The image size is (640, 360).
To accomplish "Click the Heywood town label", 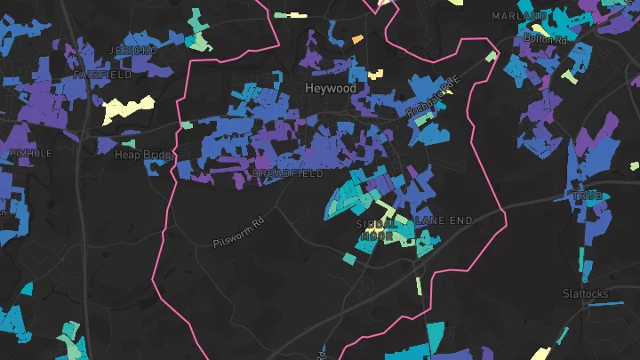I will pos(330,89).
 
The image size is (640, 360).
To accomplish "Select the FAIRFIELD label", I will pos(102,76).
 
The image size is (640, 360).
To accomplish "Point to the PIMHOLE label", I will pos(30,154).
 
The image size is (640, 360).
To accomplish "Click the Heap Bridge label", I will pos(142,155).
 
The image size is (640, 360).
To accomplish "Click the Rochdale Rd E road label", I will pos(435,97).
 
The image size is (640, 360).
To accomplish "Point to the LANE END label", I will pos(444,220).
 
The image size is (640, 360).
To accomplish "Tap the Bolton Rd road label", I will pos(545,39).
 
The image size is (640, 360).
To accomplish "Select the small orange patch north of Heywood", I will pos(357,40).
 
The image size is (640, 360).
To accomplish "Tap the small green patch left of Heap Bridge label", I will pos(129,143).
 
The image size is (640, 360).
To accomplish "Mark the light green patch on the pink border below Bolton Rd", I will pos(491,57).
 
